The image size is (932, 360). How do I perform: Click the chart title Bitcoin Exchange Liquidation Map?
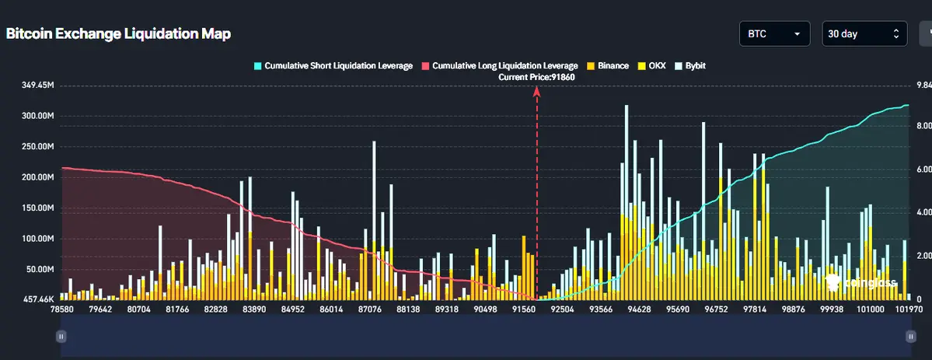(118, 34)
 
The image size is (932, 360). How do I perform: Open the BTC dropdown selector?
(774, 34)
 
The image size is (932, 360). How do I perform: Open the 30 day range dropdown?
(864, 34)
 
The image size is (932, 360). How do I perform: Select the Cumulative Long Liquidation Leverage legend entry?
(499, 66)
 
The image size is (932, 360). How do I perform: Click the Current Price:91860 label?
(537, 77)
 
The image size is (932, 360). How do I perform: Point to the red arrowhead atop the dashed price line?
(536, 90)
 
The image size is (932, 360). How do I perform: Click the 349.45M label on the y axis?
(37, 85)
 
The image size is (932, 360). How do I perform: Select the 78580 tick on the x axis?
(61, 309)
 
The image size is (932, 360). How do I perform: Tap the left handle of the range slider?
(61, 336)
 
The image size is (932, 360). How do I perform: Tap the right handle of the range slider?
(909, 336)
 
